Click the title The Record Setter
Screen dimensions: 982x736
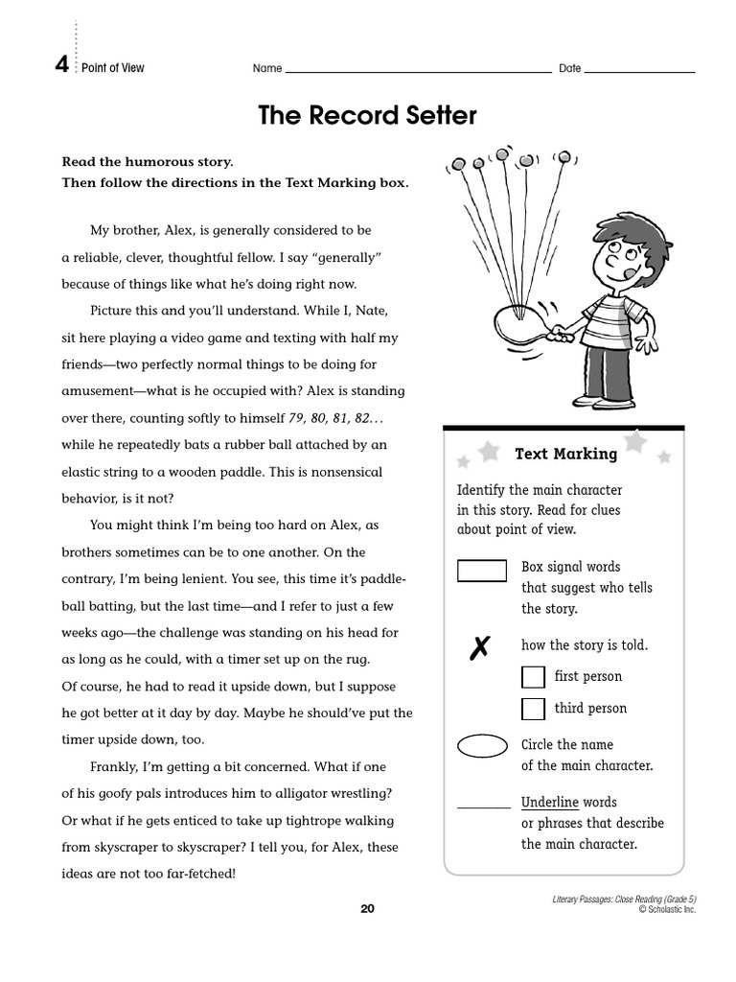(x=367, y=116)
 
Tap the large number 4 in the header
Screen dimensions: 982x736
(x=61, y=66)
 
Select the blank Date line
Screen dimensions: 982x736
(x=639, y=70)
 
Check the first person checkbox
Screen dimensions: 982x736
(x=533, y=677)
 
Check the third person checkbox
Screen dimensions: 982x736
(x=533, y=709)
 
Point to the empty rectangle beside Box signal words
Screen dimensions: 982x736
(x=481, y=571)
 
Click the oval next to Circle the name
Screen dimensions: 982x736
(x=482, y=746)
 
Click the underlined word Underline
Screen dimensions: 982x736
(x=549, y=802)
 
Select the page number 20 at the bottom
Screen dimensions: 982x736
(x=367, y=909)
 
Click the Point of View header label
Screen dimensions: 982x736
(x=113, y=68)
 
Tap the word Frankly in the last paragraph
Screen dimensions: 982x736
(x=113, y=767)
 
